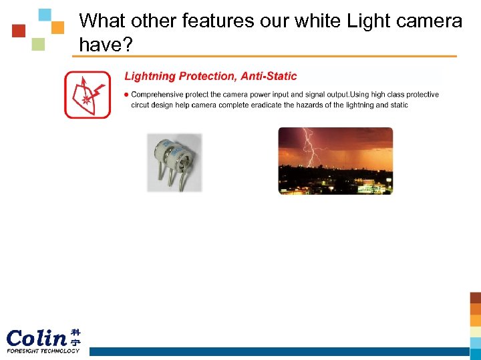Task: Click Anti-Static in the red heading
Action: tap(269, 76)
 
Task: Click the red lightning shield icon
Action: tap(87, 95)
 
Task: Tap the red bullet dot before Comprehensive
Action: tap(127, 95)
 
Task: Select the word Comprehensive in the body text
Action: tap(158, 95)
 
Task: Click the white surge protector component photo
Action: tap(174, 162)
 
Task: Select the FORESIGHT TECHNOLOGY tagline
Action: tap(43, 351)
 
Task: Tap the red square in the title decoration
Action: tap(19, 31)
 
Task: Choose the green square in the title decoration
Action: tap(38, 45)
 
